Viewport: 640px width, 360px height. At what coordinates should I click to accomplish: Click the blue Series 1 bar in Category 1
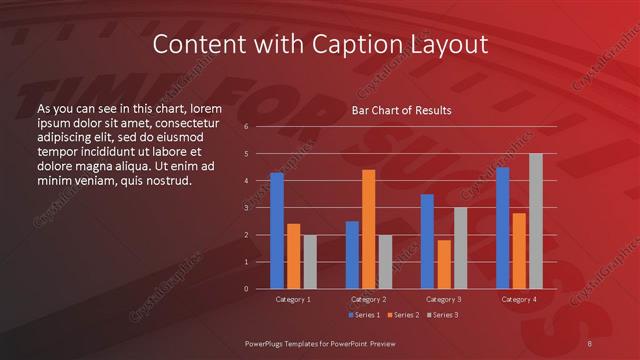pos(277,231)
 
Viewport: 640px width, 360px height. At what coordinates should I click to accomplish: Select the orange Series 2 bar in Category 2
pos(369,229)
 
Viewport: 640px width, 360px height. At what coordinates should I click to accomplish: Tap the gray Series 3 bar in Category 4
pos(536,221)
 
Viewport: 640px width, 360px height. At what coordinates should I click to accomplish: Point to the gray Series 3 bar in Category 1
pos(310,262)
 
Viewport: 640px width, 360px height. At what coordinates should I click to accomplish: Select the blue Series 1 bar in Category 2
pos(352,255)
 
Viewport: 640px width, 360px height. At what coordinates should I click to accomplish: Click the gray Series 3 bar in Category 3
pos(460,248)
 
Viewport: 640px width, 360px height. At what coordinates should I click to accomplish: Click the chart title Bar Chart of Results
pos(400,110)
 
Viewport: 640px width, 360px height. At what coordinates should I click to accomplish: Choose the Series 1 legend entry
pos(363,315)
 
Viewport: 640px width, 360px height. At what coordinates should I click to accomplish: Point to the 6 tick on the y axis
pos(246,127)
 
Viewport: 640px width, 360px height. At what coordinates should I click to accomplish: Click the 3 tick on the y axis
pos(246,208)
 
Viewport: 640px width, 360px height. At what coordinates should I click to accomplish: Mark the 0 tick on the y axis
pos(246,289)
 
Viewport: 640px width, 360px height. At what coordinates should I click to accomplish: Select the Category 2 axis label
pos(368,299)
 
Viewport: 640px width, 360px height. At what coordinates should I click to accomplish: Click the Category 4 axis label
pos(519,299)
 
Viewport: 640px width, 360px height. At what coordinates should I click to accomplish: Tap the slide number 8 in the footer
pos(590,343)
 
